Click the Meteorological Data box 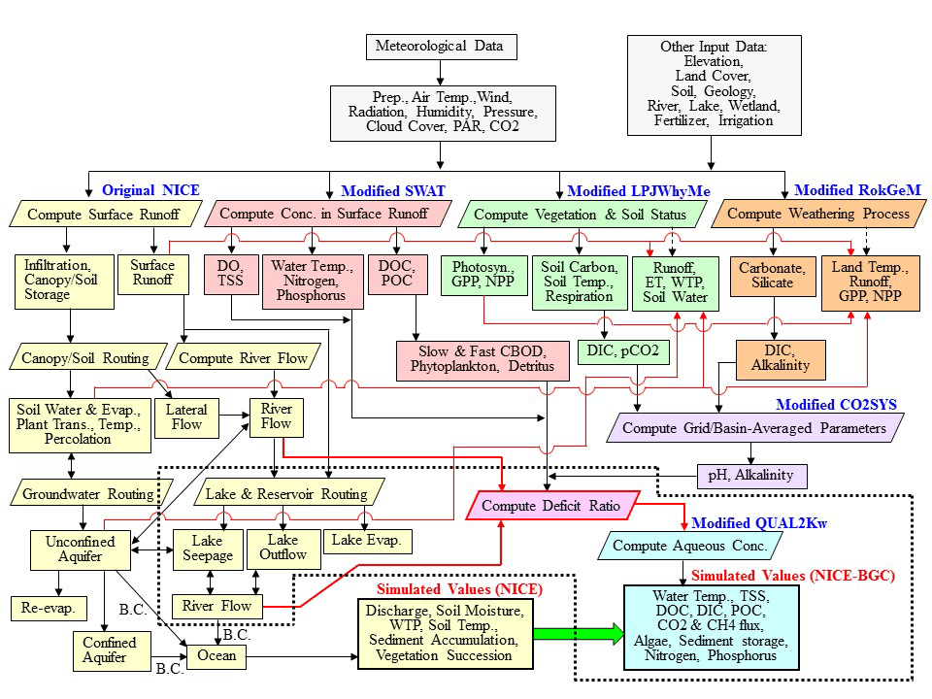(441, 47)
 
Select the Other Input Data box (714, 85)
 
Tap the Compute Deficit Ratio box (552, 505)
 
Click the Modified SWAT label (393, 191)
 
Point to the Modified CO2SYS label (836, 405)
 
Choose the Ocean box (216, 655)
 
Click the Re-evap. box (49, 608)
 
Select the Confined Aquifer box (112, 650)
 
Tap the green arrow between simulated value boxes (579, 634)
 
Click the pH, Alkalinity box (751, 476)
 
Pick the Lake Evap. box (367, 541)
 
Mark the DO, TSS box (231, 274)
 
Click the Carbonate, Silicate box (773, 276)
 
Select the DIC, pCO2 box (623, 351)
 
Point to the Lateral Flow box (186, 417)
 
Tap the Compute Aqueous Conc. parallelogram (689, 546)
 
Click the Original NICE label (151, 190)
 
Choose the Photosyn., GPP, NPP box (483, 275)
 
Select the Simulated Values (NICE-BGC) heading (793, 576)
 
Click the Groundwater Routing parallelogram (91, 493)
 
